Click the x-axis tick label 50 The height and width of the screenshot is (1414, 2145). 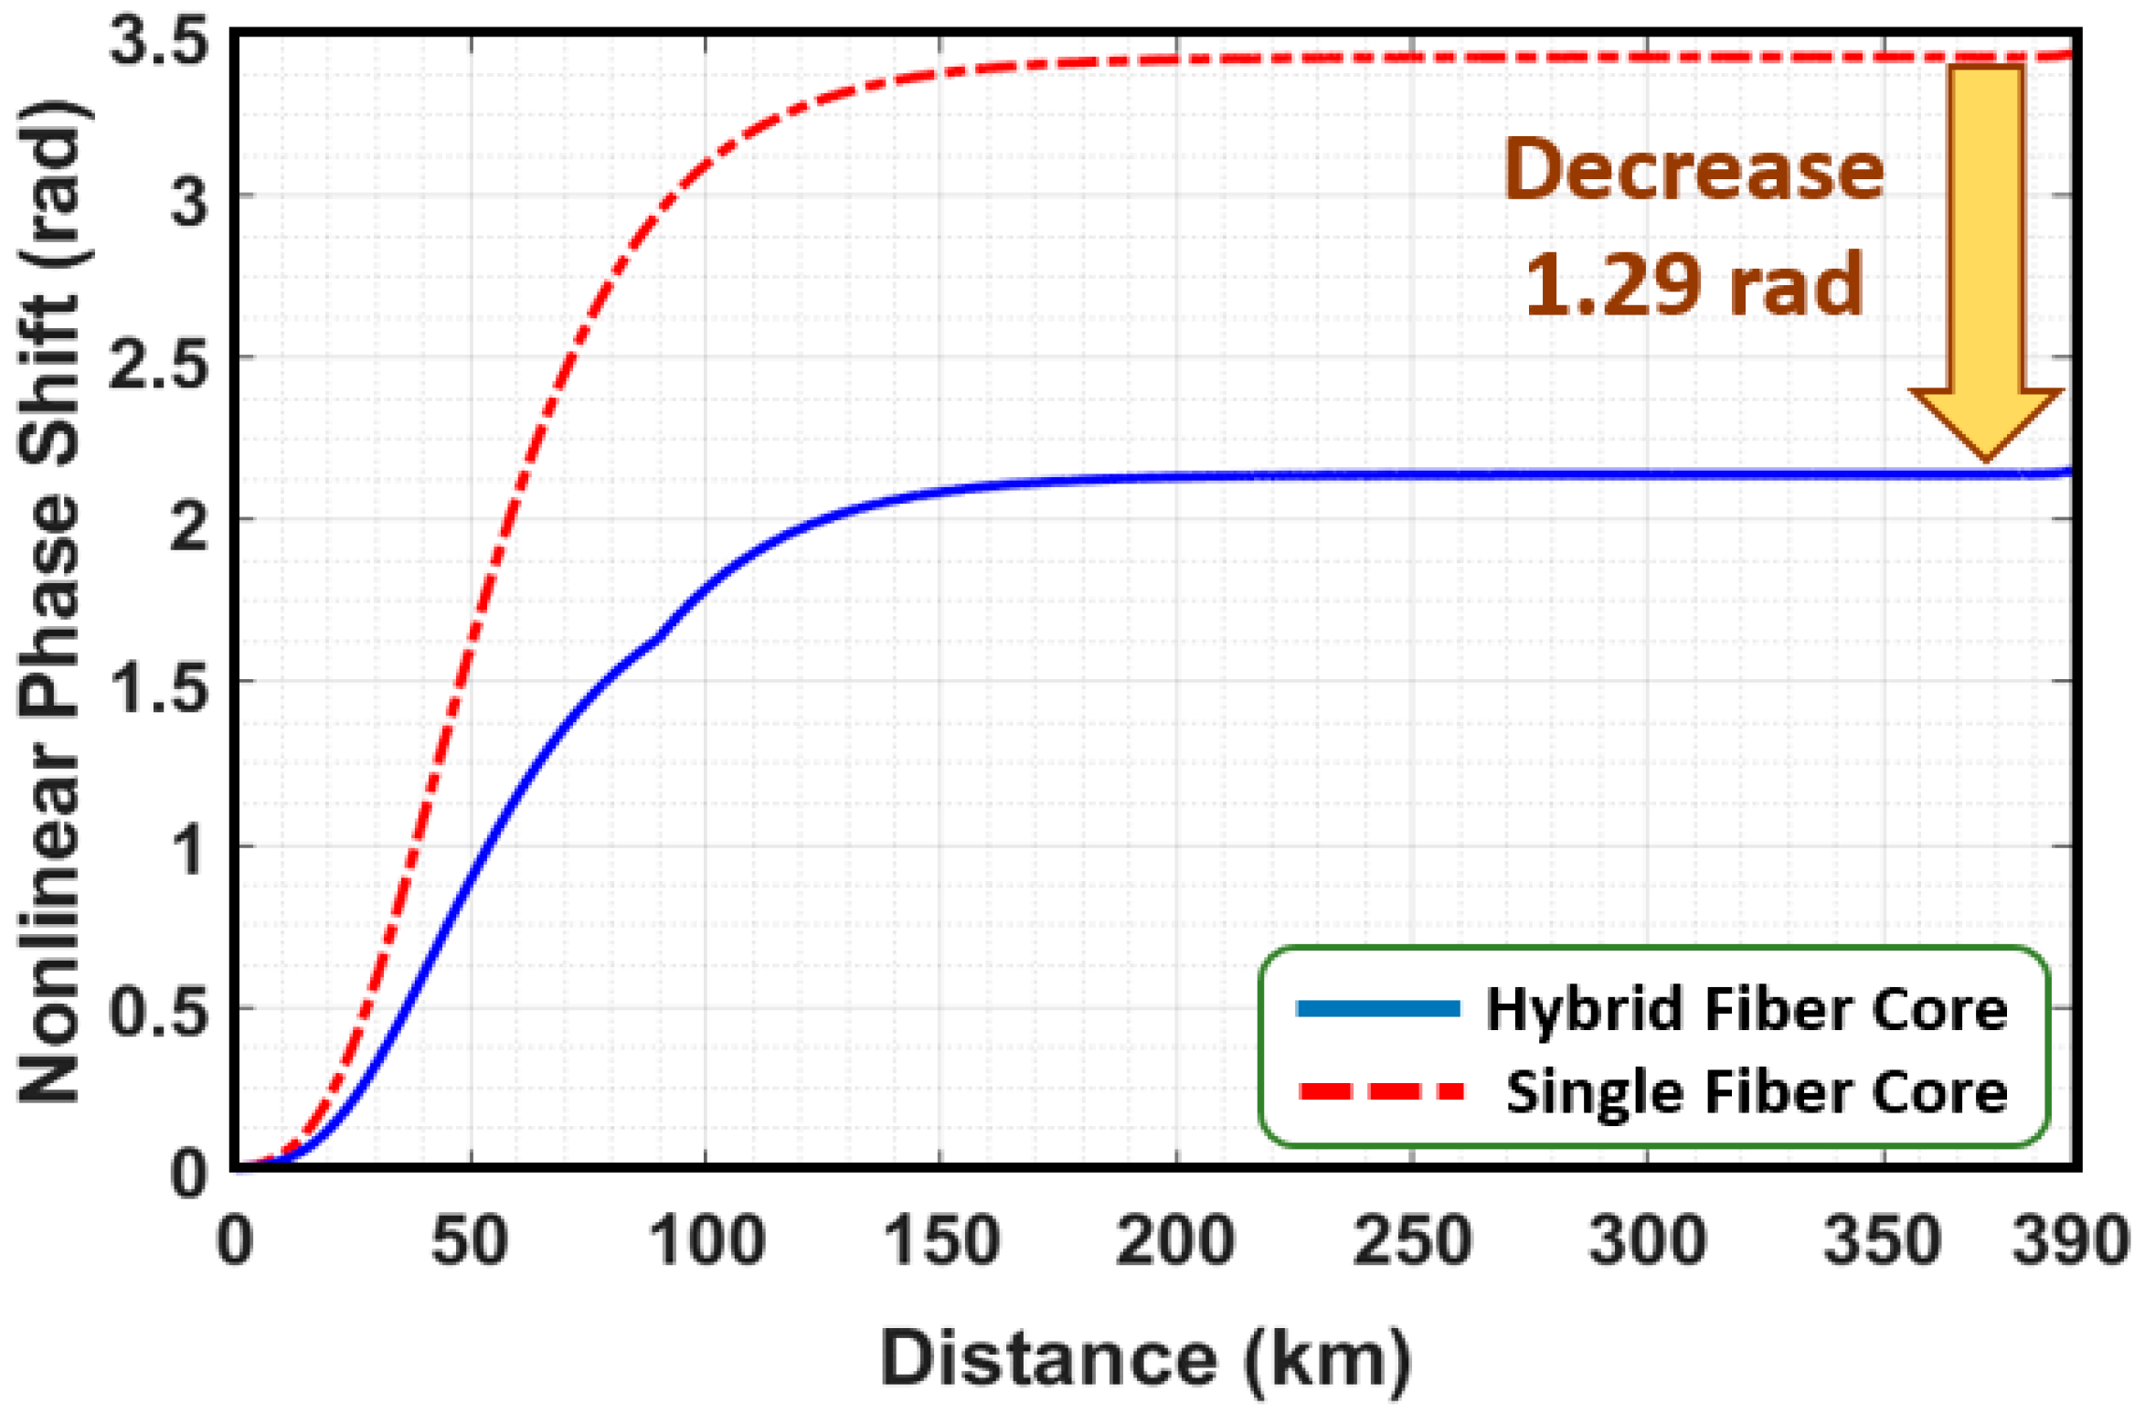pos(469,1240)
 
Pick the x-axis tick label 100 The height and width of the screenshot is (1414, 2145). pos(706,1240)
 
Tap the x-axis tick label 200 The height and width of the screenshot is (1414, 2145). pos(1175,1240)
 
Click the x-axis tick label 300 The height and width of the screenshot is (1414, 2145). pos(1647,1240)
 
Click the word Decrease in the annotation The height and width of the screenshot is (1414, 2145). pos(1694,170)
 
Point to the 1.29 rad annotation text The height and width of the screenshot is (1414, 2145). pos(1694,284)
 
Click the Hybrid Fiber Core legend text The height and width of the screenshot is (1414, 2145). pos(1746,1010)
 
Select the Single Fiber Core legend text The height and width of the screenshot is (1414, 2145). pos(1756,1092)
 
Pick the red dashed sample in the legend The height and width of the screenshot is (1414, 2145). pos(1380,1091)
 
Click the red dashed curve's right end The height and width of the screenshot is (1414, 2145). pos(2067,55)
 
